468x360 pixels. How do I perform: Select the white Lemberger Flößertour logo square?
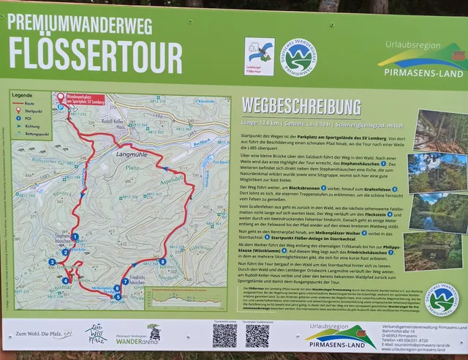[260, 56]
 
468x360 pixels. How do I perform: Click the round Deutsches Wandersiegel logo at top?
[300, 56]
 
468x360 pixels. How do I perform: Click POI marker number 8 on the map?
[162, 261]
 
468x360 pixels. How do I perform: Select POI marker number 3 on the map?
[52, 262]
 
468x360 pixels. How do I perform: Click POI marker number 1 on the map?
[75, 236]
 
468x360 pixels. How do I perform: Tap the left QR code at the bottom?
[224, 335]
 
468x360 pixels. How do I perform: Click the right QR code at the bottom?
[257, 335]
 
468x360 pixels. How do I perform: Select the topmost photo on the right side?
[440, 130]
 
